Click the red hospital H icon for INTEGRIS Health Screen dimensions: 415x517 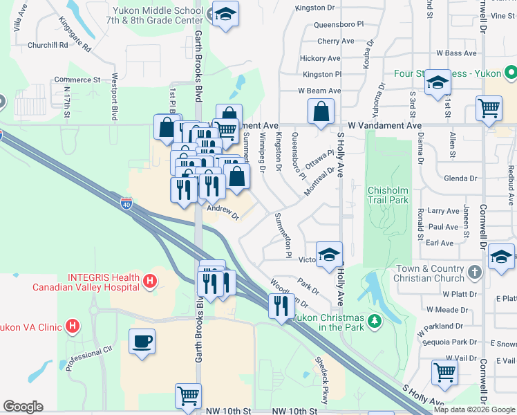point(150,282)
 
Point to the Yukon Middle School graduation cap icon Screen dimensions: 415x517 point(224,15)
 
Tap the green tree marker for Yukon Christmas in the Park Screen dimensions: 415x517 point(374,321)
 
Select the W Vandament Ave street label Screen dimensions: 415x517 point(384,126)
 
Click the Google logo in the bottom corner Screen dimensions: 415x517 point(23,407)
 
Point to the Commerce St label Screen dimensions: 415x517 point(77,80)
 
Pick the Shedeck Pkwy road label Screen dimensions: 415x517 point(322,380)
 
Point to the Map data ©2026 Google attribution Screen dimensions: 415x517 point(474,409)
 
